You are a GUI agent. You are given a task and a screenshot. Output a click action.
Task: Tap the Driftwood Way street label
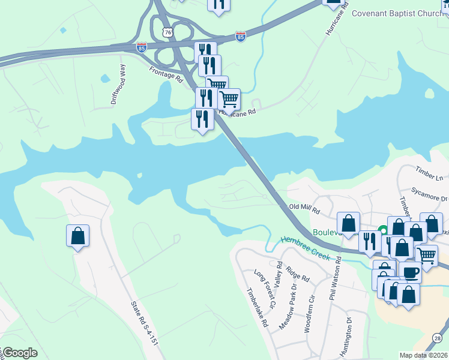pyautogui.click(x=118, y=85)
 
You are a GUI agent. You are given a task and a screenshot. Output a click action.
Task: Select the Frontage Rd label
pyautogui.click(x=166, y=73)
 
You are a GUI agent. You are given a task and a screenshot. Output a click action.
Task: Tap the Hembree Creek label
pyautogui.click(x=305, y=247)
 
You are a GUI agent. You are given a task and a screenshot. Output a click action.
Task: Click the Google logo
pyautogui.click(x=20, y=353)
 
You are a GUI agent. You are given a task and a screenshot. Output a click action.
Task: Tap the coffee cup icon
pyautogui.click(x=411, y=272)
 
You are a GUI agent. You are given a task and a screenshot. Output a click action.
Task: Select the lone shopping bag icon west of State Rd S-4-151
pyautogui.click(x=78, y=235)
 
